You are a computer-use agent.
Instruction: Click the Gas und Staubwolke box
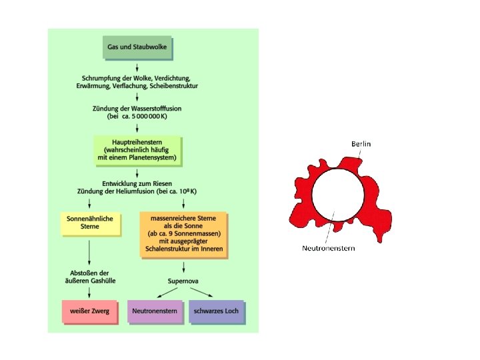[x=137, y=48]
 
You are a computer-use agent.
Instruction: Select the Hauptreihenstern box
[x=137, y=151]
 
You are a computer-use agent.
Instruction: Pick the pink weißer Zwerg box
[x=90, y=311]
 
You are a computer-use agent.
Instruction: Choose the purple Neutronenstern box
[x=155, y=311]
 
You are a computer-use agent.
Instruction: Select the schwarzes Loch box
[x=216, y=311]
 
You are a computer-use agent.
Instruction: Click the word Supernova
[x=183, y=281]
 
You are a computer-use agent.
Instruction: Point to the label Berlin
[x=361, y=143]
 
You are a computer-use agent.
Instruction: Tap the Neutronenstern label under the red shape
[x=329, y=249]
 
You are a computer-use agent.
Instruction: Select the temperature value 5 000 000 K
[x=151, y=116]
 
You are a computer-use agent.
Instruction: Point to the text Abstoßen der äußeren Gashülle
[x=90, y=277]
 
